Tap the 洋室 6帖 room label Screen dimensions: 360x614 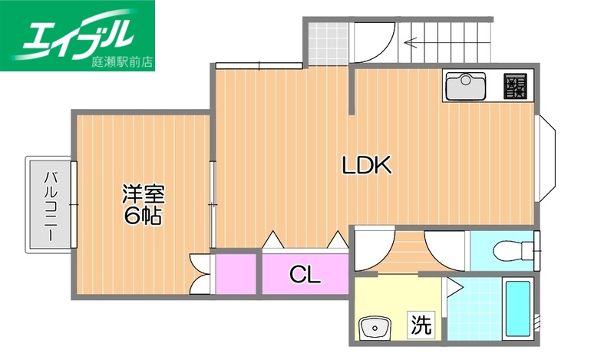(144, 205)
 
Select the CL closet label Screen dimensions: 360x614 (305, 274)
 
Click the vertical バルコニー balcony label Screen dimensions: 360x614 (51, 204)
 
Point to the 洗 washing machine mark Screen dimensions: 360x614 (420, 325)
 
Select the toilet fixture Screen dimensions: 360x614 (510, 250)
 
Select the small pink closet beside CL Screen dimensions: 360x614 (235, 273)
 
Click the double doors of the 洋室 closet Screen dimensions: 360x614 (201, 273)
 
